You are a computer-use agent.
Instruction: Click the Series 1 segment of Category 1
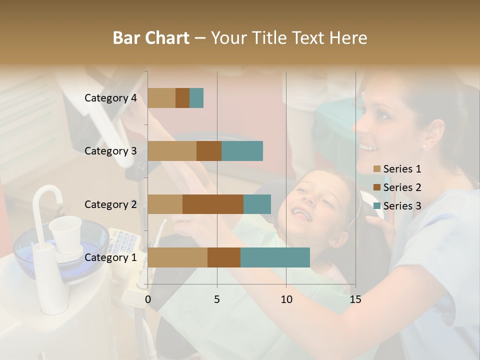(177, 257)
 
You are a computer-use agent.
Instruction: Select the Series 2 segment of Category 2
(213, 204)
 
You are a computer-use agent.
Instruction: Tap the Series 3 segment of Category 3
(242, 151)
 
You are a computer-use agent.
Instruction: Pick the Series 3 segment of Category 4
(196, 98)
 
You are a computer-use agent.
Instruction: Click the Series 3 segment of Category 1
(275, 257)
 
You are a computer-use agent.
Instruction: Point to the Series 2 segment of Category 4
(182, 98)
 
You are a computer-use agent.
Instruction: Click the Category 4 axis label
(110, 98)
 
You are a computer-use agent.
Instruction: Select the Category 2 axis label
(110, 204)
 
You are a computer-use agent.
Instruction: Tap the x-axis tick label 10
(286, 299)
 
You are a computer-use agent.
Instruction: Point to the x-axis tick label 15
(355, 299)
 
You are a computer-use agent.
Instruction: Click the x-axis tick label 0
(148, 299)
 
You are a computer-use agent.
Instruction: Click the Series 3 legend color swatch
(376, 206)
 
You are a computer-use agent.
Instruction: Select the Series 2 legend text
(402, 187)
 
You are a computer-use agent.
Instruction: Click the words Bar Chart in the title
(151, 38)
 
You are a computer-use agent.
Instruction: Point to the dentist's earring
(424, 146)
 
